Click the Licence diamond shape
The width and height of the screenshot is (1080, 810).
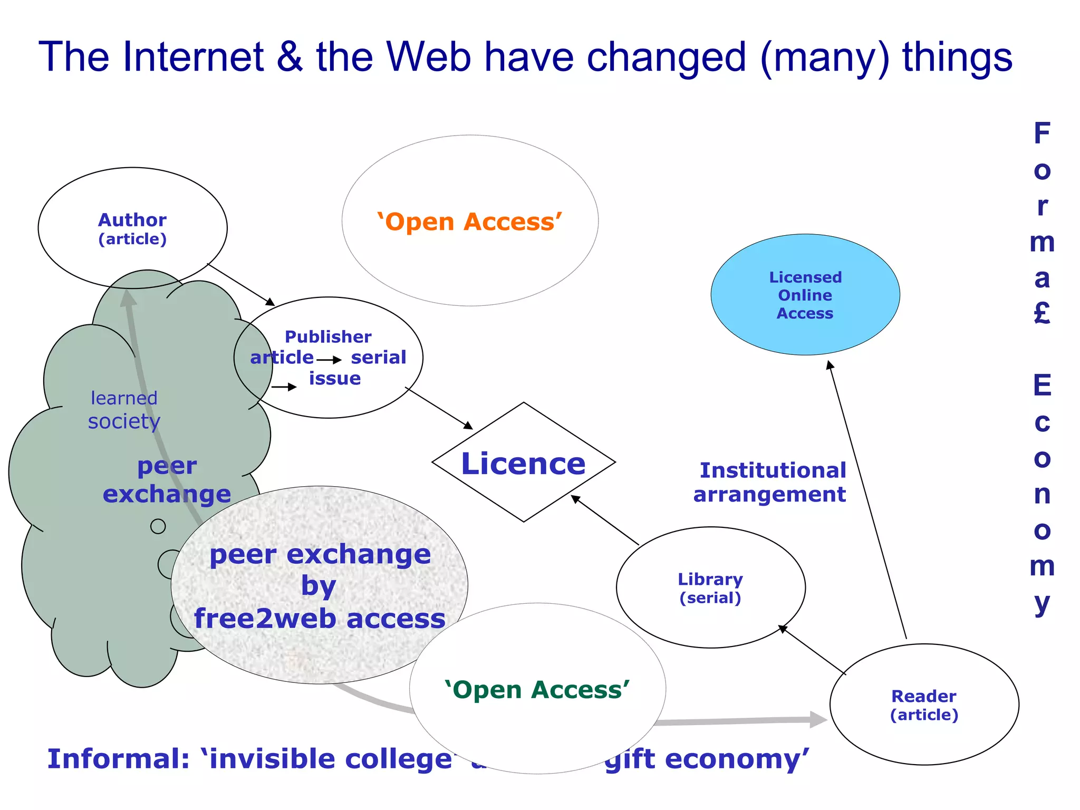coord(523,462)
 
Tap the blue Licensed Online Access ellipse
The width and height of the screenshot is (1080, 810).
coord(805,295)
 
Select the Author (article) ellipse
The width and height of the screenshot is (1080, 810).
coord(132,228)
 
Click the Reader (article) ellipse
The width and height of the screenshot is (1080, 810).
coord(924,705)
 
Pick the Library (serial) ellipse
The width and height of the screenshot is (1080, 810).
coord(710,587)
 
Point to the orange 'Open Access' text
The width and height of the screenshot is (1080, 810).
coord(469,222)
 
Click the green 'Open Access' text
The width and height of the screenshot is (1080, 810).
coord(537,690)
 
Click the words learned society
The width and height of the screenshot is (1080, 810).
coord(124,410)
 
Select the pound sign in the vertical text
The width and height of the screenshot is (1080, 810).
coord(1042,313)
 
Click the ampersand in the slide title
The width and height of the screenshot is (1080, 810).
coord(289,57)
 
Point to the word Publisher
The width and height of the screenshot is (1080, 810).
coord(328,336)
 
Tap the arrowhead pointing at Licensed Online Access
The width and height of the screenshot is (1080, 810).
coord(830,364)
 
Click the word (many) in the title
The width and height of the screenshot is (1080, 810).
coord(825,57)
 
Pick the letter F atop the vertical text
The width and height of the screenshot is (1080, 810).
coord(1042,133)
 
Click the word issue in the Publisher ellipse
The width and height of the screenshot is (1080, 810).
coord(335,379)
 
